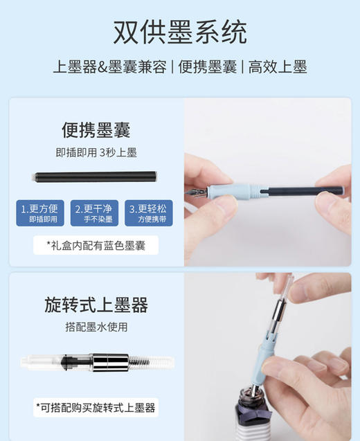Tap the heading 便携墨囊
[x=96, y=130]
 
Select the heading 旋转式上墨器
[x=96, y=305]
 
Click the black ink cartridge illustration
[x=96, y=177]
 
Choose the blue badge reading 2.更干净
[x=96, y=213]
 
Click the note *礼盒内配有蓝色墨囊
[x=96, y=245]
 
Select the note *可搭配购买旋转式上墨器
[x=96, y=406]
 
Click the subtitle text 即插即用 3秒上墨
[x=96, y=152]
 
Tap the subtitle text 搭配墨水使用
[x=96, y=326]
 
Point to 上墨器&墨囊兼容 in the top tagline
[x=111, y=67]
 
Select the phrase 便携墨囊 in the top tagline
[x=208, y=67]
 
